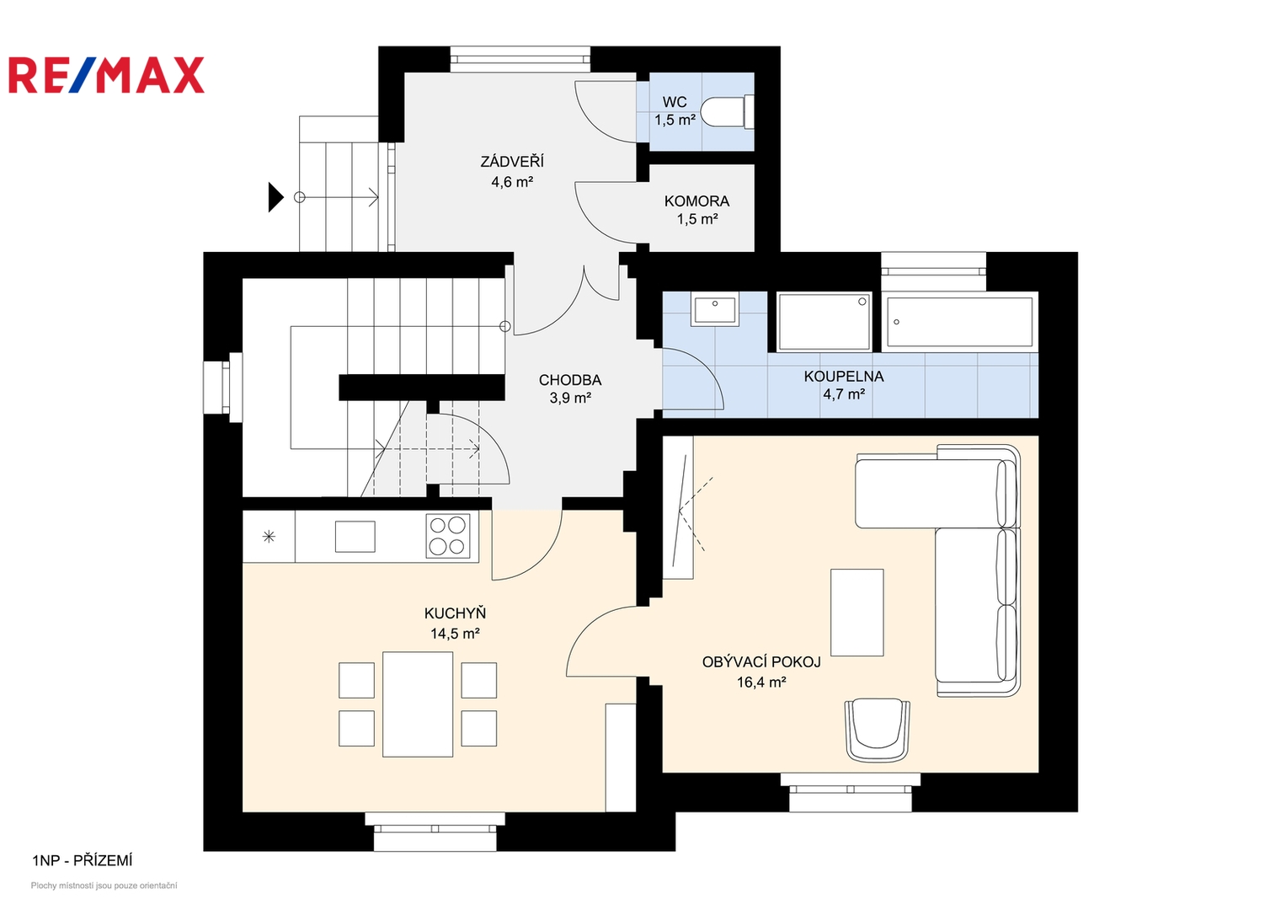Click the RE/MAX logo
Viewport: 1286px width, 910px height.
click(106, 75)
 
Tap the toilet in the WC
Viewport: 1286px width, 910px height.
click(727, 112)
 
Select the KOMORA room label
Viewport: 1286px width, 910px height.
click(697, 201)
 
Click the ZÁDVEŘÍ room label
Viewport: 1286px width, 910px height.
click(512, 162)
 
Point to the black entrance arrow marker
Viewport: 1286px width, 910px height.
click(275, 197)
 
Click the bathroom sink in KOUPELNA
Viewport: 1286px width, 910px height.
click(715, 310)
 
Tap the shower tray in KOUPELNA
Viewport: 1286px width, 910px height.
click(824, 322)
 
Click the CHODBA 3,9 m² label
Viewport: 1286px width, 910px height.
click(570, 389)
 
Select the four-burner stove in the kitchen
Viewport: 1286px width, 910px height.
click(448, 535)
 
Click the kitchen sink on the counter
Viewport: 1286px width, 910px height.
click(355, 536)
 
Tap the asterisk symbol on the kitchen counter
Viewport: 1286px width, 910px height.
click(269, 537)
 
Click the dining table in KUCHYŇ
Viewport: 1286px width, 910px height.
click(418, 704)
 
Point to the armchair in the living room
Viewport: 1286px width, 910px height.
click(877, 730)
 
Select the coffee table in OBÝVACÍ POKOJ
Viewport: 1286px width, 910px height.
click(856, 613)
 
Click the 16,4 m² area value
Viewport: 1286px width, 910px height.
click(761, 682)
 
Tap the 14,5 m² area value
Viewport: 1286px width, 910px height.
click(456, 634)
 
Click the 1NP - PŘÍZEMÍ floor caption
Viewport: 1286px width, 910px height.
click(82, 860)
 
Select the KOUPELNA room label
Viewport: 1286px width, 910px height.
click(843, 377)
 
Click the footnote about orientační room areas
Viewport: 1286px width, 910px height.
click(104, 886)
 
